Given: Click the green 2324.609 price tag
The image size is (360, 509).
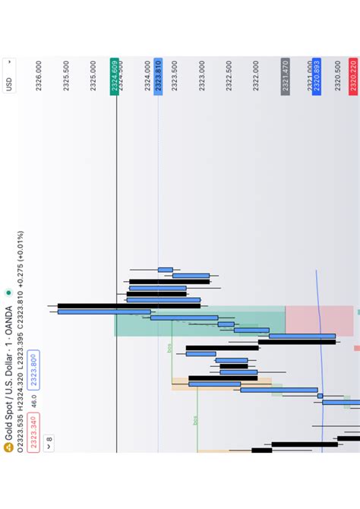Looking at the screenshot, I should pyautogui.click(x=115, y=75).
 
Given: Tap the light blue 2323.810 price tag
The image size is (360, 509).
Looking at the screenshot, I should pyautogui.click(x=158, y=75).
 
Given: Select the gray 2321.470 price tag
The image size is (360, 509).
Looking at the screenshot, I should pyautogui.click(x=285, y=75).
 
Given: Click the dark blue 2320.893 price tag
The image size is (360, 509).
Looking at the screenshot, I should pyautogui.click(x=316, y=75).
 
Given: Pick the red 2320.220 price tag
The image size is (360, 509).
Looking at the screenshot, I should pyautogui.click(x=353, y=75).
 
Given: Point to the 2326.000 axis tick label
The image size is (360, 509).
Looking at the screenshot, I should pyautogui.click(x=39, y=76).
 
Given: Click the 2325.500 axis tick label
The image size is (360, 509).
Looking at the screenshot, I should pyautogui.click(x=66, y=76).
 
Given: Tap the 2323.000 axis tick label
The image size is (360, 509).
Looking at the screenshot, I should pyautogui.click(x=202, y=76).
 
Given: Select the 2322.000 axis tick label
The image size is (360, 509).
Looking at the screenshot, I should pyautogui.click(x=257, y=76).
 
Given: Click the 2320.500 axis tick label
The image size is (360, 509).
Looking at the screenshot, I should pyautogui.click(x=338, y=76).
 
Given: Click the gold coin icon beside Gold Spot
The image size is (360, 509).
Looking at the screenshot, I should pyautogui.click(x=8, y=447).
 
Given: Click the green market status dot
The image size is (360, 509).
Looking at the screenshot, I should pyautogui.click(x=8, y=291).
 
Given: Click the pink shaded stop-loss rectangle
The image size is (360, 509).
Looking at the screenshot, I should pyautogui.click(x=319, y=321).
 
